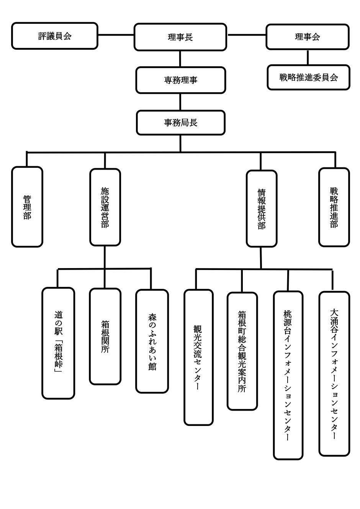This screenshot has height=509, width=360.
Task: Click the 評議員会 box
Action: (x=55, y=36)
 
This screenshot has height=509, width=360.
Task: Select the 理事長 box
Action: (x=180, y=37)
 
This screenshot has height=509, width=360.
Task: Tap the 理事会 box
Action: (x=308, y=37)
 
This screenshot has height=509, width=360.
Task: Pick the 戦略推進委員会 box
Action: (x=308, y=77)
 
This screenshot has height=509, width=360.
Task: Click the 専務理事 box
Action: (x=180, y=80)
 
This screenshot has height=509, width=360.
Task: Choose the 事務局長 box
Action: (x=180, y=123)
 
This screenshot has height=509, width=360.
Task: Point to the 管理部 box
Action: (x=27, y=207)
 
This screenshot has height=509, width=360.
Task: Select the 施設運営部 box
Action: (x=105, y=207)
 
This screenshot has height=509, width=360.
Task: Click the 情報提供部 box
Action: (x=261, y=208)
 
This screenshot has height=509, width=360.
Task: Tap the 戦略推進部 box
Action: (x=334, y=207)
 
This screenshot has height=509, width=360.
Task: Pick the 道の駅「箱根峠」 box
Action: (x=58, y=343)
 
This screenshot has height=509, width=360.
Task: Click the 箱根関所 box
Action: (x=105, y=336)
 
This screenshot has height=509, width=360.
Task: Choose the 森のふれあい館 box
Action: (x=152, y=341)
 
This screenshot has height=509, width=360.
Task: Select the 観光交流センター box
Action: (x=198, y=357)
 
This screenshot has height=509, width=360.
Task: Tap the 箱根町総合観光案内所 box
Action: (x=242, y=351)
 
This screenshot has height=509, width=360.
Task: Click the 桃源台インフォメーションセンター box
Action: (x=288, y=375)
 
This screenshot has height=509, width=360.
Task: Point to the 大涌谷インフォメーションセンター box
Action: (x=334, y=374)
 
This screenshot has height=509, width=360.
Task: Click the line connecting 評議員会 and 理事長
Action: (x=116, y=35)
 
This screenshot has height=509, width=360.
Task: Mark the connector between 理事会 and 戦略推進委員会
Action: (x=308, y=57)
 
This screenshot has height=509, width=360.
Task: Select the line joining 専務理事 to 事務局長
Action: (x=180, y=102)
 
